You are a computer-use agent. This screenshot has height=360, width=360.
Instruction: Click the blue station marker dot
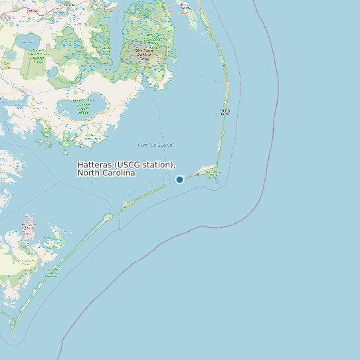coord(179,179)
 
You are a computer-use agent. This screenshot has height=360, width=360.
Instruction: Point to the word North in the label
coord(88,173)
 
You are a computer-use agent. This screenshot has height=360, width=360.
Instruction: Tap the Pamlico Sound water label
coord(155,145)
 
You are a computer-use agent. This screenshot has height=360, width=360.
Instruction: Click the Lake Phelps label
coord(27,43)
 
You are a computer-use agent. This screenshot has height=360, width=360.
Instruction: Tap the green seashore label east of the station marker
coord(212,174)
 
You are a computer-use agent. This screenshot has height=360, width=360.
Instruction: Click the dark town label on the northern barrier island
coord(224,112)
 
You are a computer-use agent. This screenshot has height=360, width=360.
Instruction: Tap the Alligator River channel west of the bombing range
coord(120,46)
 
